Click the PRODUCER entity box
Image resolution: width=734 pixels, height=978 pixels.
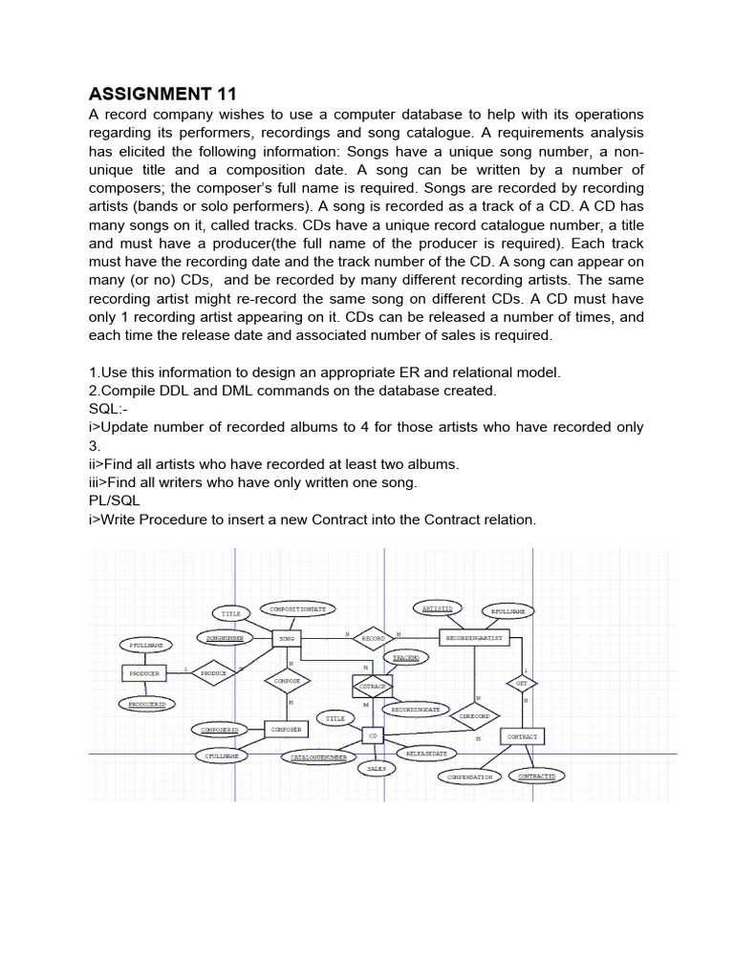[145, 673]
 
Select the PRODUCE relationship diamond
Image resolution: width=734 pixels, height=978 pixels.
[213, 673]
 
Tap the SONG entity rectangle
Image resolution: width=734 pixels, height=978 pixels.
[288, 638]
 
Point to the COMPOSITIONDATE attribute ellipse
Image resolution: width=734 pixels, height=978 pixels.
[297, 609]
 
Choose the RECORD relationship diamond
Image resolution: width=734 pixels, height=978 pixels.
[373, 638]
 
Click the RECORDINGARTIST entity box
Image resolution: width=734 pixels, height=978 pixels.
[475, 637]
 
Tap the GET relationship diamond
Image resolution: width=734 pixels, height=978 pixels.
[522, 684]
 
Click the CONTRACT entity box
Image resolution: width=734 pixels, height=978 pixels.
[522, 737]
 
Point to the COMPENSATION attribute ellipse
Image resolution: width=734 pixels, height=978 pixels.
[470, 776]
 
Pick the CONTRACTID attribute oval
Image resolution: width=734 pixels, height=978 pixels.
[536, 776]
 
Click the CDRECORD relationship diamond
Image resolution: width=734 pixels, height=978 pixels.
[474, 716]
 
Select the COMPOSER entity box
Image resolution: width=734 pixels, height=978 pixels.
[286, 730]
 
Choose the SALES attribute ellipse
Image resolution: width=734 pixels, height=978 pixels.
[377, 768]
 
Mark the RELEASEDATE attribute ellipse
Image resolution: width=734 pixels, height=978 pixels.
[426, 754]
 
